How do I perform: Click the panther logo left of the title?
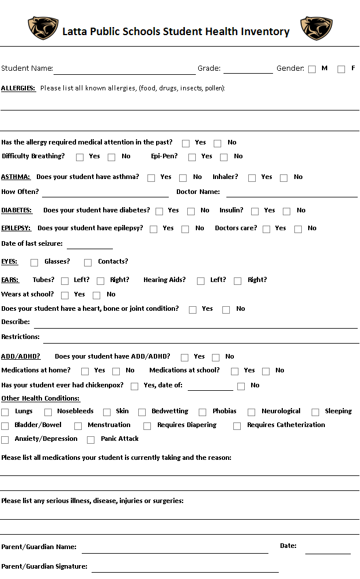[43, 28]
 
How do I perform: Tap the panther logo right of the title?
[316, 28]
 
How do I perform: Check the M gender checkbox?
[312, 69]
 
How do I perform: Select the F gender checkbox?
[342, 69]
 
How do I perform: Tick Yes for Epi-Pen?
[192, 157]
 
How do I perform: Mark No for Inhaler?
[283, 178]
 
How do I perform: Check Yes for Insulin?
[255, 211]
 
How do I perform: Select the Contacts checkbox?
[88, 262]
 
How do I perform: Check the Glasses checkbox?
[35, 262]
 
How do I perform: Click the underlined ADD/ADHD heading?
[21, 356]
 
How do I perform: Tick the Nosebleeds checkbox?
[48, 412]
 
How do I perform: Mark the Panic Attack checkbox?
[91, 440]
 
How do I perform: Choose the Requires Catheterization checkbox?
[237, 426]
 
